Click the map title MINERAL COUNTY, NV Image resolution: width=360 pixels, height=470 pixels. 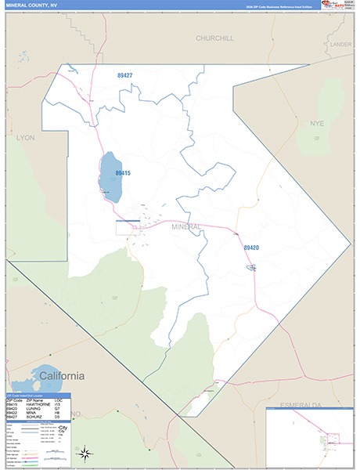(31, 5)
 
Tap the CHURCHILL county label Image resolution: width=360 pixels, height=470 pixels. (215, 38)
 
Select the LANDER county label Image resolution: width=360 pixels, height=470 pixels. (340, 45)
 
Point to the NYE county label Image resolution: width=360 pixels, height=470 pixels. (316, 124)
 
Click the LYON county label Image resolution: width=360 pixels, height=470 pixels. (26, 136)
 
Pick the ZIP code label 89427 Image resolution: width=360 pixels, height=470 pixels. (124, 75)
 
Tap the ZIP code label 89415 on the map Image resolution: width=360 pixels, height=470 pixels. (123, 173)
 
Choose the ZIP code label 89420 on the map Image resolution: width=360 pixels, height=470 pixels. (250, 248)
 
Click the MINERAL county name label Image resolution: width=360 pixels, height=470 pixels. (186, 227)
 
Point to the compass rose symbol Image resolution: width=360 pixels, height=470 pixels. (86, 452)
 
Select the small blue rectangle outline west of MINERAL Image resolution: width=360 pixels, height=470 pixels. (127, 227)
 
